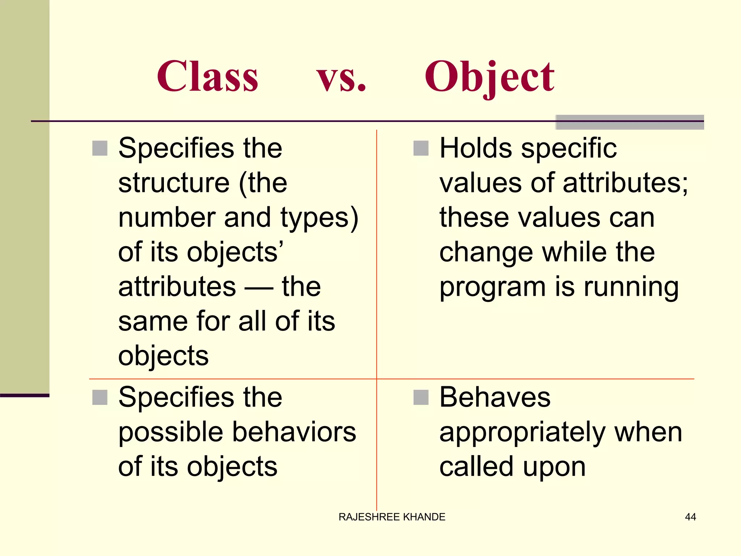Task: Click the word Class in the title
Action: pyautogui.click(x=208, y=76)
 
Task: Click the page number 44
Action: pyautogui.click(x=690, y=517)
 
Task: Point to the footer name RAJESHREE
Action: pyautogui.click(x=369, y=517)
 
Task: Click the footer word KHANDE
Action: pyautogui.click(x=424, y=517)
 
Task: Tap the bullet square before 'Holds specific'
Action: pyautogui.click(x=421, y=148)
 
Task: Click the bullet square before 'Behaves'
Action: pyautogui.click(x=421, y=397)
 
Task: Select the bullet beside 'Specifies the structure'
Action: pyautogui.click(x=100, y=148)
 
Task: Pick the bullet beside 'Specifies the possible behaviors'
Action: pyautogui.click(x=100, y=397)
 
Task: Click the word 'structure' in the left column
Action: pyautogui.click(x=174, y=183)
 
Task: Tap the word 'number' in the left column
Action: pyautogui.click(x=167, y=218)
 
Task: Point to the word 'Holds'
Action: pyautogui.click(x=476, y=148)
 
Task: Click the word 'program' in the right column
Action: pyautogui.click(x=492, y=288)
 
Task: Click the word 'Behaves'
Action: pyautogui.click(x=495, y=397)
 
